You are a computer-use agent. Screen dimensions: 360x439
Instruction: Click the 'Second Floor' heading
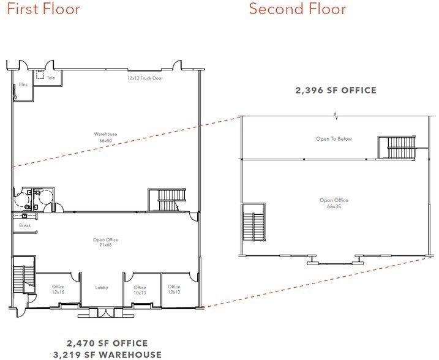point(298,9)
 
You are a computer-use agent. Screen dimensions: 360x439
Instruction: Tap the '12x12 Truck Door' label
point(145,78)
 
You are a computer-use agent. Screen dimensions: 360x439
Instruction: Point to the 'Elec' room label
point(23,84)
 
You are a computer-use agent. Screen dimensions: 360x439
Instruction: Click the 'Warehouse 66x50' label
point(105,137)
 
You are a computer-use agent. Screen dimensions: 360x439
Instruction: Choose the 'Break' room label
point(24,225)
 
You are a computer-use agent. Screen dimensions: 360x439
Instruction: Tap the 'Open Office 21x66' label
point(105,242)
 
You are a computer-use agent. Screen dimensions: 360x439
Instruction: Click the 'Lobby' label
point(102,287)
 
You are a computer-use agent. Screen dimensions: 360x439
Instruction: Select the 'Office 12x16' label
point(58,290)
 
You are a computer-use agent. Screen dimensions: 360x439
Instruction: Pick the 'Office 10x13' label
point(140,290)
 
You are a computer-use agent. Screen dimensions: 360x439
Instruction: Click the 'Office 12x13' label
point(174,289)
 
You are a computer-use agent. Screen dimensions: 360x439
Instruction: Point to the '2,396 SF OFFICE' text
point(336,91)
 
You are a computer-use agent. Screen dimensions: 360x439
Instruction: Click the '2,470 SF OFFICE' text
point(107,343)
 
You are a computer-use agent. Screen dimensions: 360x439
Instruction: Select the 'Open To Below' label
point(334,139)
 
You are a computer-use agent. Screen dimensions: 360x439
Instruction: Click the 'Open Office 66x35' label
point(334,203)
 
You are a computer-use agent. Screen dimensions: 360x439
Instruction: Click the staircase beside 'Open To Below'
point(396,148)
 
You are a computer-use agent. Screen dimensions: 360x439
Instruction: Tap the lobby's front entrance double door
point(102,312)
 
